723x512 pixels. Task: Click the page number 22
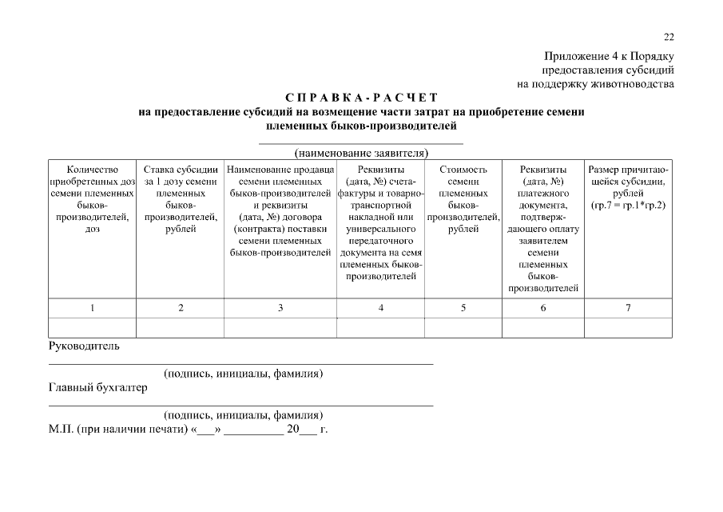[x=669, y=37]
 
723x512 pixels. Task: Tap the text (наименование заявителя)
[x=361, y=152]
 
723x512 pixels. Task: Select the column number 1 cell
[x=93, y=308]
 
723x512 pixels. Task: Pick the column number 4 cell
[x=380, y=308]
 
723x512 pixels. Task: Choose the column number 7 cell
[x=628, y=308]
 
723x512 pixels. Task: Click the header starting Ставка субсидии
[x=181, y=199]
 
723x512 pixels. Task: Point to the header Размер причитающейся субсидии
[x=628, y=182]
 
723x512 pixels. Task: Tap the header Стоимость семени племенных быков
[x=463, y=199]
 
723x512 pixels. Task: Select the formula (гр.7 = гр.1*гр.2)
[x=628, y=206]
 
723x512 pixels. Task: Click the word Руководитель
[x=84, y=346]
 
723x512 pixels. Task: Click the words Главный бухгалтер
[x=98, y=388]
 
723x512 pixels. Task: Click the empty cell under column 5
[x=463, y=327]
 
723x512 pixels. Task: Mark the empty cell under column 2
[x=181, y=327]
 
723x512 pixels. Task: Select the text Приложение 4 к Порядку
[x=610, y=56]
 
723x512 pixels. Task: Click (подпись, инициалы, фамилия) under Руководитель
[x=244, y=374]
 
